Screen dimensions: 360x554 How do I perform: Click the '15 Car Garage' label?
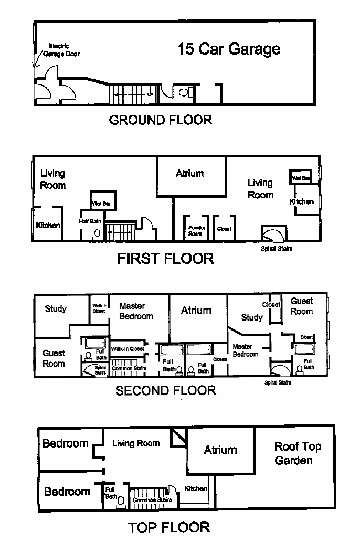[228, 49]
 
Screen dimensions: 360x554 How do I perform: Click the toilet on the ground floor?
[184, 92]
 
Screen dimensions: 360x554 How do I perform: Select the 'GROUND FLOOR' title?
[160, 120]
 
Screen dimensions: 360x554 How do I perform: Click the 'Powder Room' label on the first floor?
[195, 230]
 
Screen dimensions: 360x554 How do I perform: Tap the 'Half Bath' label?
[91, 221]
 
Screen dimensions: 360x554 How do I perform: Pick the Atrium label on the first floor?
[189, 173]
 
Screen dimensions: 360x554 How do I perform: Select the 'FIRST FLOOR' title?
[165, 258]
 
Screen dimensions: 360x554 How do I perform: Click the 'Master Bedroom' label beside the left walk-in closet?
[136, 311]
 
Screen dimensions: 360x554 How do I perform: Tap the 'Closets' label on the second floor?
[220, 359]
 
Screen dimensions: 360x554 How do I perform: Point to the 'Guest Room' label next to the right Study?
[302, 306]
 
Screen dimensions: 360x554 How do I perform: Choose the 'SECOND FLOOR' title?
[165, 391]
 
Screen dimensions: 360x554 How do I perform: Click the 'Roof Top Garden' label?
[298, 453]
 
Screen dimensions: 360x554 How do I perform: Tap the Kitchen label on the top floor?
[196, 488]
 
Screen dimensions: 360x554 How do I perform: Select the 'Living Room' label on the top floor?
[136, 443]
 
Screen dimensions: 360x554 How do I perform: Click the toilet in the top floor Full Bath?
[121, 501]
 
